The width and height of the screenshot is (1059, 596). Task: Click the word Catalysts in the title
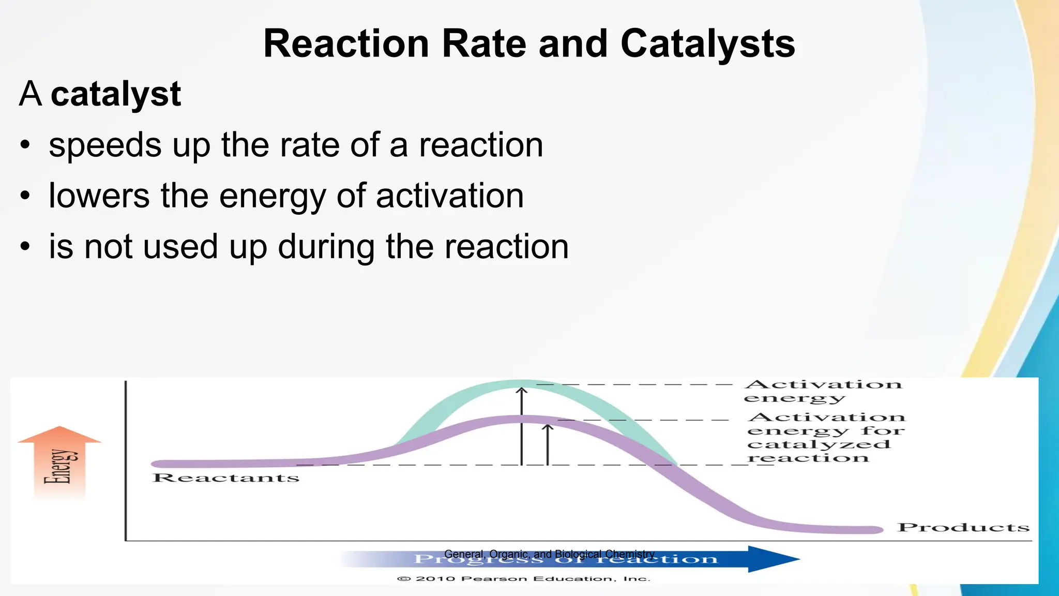pyautogui.click(x=707, y=44)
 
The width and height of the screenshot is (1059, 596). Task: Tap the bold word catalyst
pyautogui.click(x=116, y=95)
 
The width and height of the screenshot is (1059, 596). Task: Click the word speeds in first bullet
pyautogui.click(x=105, y=145)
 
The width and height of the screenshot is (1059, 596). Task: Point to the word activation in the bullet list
pyautogui.click(x=449, y=196)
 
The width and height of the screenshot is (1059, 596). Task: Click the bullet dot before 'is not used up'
pyautogui.click(x=25, y=247)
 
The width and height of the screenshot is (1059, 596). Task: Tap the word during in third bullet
pyautogui.click(x=326, y=247)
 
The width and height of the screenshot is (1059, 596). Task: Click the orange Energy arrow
pyautogui.click(x=60, y=460)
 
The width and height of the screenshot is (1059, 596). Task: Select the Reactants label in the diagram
pyautogui.click(x=226, y=478)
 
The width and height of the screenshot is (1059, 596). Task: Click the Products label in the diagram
pyautogui.click(x=963, y=527)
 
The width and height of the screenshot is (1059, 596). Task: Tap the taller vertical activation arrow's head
pyautogui.click(x=522, y=390)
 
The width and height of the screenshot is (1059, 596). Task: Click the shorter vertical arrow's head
pyautogui.click(x=548, y=427)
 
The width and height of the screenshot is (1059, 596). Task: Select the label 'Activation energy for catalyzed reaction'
pyautogui.click(x=825, y=438)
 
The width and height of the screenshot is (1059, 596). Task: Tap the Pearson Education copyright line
pyautogui.click(x=523, y=578)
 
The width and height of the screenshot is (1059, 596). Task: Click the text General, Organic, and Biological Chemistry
pyautogui.click(x=549, y=554)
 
